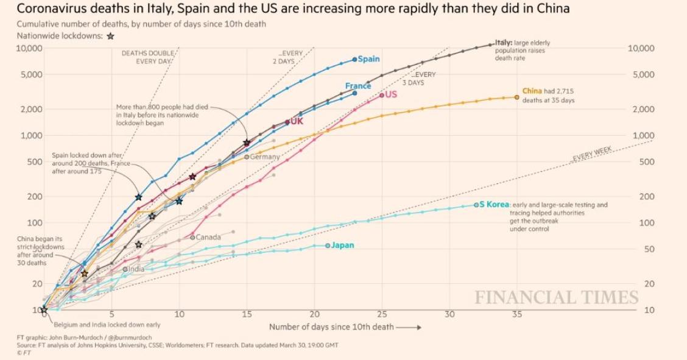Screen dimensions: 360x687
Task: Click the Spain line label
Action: tap(368, 59)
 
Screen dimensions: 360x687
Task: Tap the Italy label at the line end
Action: tap(503, 43)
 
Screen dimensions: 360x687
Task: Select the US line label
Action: tap(390, 94)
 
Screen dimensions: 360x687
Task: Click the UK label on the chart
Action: tap(296, 121)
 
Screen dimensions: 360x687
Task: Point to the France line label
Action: tap(358, 86)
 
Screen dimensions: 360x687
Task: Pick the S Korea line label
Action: tap(493, 205)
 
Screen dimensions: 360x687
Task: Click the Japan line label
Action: tap(342, 245)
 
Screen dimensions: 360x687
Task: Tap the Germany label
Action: tap(264, 157)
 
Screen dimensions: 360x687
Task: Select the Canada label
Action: tap(208, 236)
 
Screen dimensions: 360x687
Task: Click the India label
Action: tap(136, 269)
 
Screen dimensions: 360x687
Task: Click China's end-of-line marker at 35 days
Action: tap(516, 97)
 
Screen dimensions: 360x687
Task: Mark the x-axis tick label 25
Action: tap(382, 314)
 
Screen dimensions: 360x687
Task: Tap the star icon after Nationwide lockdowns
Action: tap(110, 36)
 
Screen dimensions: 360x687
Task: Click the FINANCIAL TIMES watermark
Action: tap(556, 297)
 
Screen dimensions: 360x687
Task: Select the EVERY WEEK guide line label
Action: tap(592, 154)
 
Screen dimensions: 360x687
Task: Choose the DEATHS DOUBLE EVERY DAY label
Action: tap(149, 57)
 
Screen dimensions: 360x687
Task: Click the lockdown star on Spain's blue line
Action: tap(138, 197)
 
